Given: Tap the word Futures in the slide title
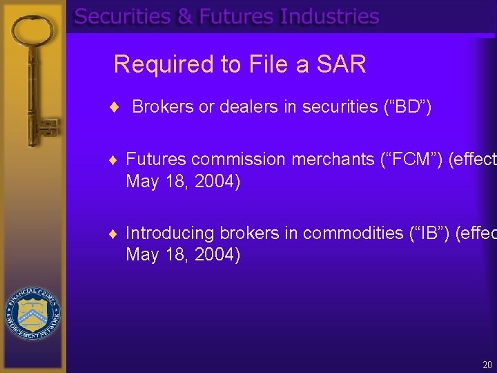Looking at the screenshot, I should click(x=236, y=17).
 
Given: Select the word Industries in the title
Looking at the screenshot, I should click(x=329, y=17).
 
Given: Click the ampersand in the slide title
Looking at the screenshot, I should click(x=185, y=17).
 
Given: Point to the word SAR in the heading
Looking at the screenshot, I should click(x=340, y=64).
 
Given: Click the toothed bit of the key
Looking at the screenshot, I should click(x=46, y=128).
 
